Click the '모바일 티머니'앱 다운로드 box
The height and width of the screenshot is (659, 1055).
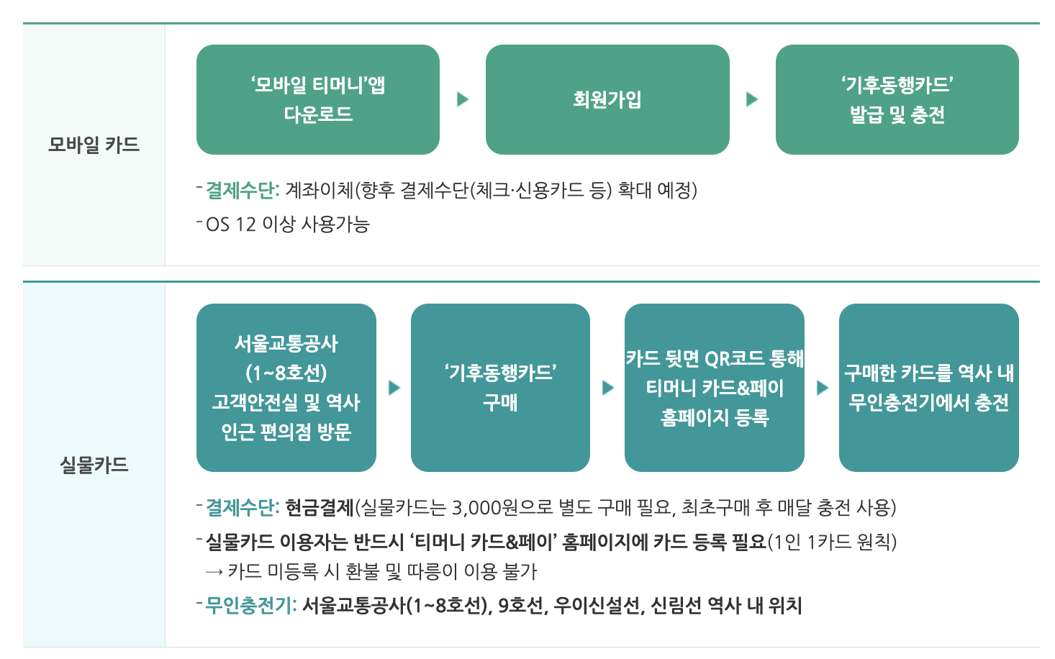tap(317, 99)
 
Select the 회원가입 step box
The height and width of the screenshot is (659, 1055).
tap(607, 99)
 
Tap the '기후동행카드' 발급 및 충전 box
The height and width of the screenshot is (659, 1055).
tap(897, 99)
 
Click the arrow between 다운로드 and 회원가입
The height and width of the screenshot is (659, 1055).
tap(463, 99)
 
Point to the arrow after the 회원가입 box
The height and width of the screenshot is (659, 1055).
tap(752, 99)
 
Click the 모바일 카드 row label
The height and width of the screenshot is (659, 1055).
tap(94, 145)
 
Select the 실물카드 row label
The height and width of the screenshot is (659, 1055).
tap(94, 465)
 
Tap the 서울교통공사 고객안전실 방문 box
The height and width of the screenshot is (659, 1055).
tap(286, 388)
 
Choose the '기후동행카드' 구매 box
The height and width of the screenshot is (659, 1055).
tap(500, 388)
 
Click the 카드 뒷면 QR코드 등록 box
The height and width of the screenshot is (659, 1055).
tap(714, 388)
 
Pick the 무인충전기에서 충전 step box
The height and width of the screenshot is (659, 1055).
tap(928, 388)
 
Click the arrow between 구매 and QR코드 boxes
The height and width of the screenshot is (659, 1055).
tap(608, 388)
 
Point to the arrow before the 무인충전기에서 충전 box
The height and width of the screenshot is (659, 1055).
tap(823, 388)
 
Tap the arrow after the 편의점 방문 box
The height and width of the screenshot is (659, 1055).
tap(394, 388)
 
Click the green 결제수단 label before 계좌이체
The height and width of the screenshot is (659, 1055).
tap(242, 191)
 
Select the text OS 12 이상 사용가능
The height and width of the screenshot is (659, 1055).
tap(287, 224)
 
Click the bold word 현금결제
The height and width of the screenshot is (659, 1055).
tap(320, 508)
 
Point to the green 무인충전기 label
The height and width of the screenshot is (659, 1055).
tap(250, 606)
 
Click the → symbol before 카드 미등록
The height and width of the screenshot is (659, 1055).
tap(214, 572)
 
